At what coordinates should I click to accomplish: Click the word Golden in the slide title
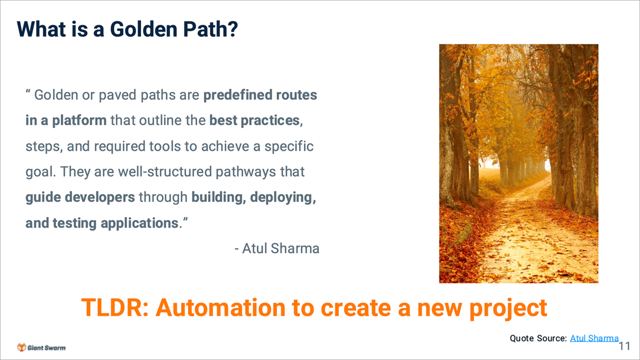(x=145, y=29)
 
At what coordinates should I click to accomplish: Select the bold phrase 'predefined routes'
(x=260, y=95)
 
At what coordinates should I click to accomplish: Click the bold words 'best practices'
(x=254, y=121)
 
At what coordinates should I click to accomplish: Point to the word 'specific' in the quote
(x=289, y=146)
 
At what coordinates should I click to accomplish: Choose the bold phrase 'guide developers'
(x=80, y=197)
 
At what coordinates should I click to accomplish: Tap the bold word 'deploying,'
(x=283, y=197)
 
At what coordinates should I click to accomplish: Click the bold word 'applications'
(x=140, y=223)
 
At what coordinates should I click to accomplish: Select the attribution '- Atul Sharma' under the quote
(x=277, y=249)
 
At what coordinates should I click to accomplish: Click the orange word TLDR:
(x=115, y=308)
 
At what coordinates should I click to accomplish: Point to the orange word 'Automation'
(x=220, y=308)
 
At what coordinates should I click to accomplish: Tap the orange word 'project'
(x=508, y=309)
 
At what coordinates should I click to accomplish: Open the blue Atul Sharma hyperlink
(x=594, y=338)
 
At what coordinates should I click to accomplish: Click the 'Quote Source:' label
(x=538, y=338)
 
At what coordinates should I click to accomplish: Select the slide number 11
(x=625, y=346)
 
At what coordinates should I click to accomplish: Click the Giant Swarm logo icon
(x=21, y=347)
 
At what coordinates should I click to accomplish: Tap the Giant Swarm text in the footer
(x=46, y=348)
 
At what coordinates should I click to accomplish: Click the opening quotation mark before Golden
(x=28, y=91)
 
